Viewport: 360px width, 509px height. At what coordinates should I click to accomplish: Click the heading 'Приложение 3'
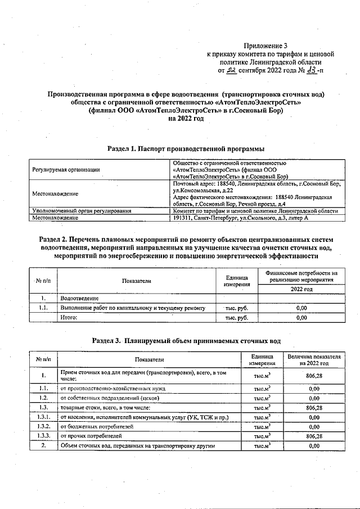coord(265,46)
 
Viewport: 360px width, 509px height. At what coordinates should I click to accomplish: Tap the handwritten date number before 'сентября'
coord(232,71)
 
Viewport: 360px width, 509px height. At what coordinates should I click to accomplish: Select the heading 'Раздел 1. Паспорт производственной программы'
coord(186,149)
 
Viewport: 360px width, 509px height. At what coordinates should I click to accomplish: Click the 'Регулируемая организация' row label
coord(66,169)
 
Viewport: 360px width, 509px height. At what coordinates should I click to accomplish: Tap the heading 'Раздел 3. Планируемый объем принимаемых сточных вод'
coord(186,340)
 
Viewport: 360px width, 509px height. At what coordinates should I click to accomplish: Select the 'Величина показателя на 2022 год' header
coord(314,361)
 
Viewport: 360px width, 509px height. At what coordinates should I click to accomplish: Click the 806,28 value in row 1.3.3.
coord(314,436)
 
